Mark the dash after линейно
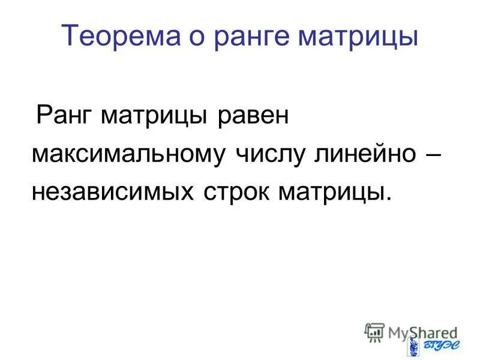click(x=431, y=155)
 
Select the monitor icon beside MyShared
click(x=374, y=331)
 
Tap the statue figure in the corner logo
click(x=413, y=345)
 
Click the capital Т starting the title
click(x=70, y=37)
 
